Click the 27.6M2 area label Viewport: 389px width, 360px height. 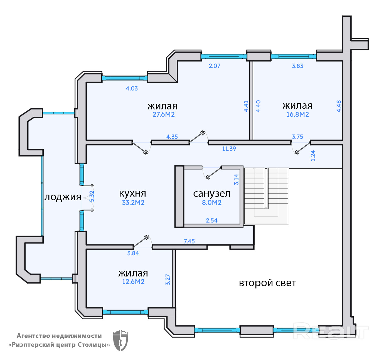point(164,114)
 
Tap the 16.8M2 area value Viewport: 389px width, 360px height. point(297,114)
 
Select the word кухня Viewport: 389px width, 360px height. point(132,193)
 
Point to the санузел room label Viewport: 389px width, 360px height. point(212,194)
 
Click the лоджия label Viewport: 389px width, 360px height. point(63,197)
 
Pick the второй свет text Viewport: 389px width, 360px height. point(267,283)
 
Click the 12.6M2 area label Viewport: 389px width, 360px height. point(133,282)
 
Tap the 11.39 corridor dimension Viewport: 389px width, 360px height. point(229,149)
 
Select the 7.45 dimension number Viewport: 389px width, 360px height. point(189,241)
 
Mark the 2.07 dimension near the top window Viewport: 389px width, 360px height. point(215,66)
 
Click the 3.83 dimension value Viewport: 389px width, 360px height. point(297,66)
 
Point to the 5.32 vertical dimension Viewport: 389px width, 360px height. point(92,196)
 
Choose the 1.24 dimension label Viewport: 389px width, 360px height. point(313,156)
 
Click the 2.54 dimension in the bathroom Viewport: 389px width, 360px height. point(212,221)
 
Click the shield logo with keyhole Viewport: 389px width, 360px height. point(120,340)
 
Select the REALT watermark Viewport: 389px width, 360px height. point(331,331)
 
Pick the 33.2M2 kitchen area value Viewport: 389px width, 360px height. point(133,203)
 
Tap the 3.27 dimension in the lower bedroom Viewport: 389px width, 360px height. point(168,279)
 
